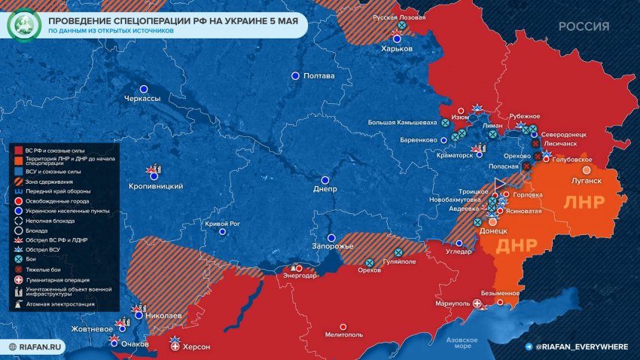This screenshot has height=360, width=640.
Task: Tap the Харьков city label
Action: point(397,47)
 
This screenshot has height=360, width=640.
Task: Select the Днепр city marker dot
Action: point(325,180)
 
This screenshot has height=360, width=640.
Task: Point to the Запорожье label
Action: point(333,246)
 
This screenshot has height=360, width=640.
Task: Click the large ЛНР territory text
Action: point(584,203)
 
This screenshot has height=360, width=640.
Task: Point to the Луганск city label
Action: point(586,181)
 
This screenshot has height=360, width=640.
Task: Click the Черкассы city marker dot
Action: point(143,89)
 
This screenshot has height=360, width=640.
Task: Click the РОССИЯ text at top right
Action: point(584,26)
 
